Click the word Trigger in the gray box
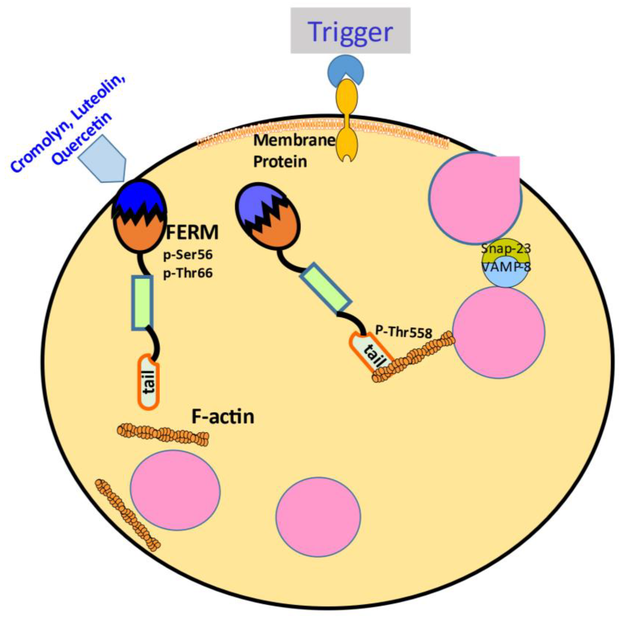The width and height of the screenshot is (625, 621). [x=351, y=32]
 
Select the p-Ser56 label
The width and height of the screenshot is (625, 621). [x=188, y=255]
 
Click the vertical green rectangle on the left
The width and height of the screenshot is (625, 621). [x=142, y=302]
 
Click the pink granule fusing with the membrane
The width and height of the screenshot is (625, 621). [x=476, y=197]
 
